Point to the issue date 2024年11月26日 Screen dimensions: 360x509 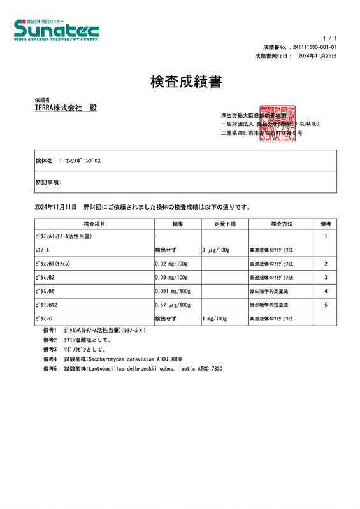pos(317,56)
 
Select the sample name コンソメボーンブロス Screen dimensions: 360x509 pos(83,162)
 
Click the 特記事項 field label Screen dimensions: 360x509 pos(48,182)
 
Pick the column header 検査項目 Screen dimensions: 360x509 pos(94,224)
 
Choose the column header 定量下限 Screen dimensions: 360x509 pos(224,224)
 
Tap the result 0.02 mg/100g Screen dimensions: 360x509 pos(171,264)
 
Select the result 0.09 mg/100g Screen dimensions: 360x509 pos(171,278)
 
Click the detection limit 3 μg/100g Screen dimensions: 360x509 pos(215,250)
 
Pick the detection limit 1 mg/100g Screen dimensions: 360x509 pos(215,319)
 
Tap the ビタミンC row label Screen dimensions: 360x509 pos(44,319)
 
